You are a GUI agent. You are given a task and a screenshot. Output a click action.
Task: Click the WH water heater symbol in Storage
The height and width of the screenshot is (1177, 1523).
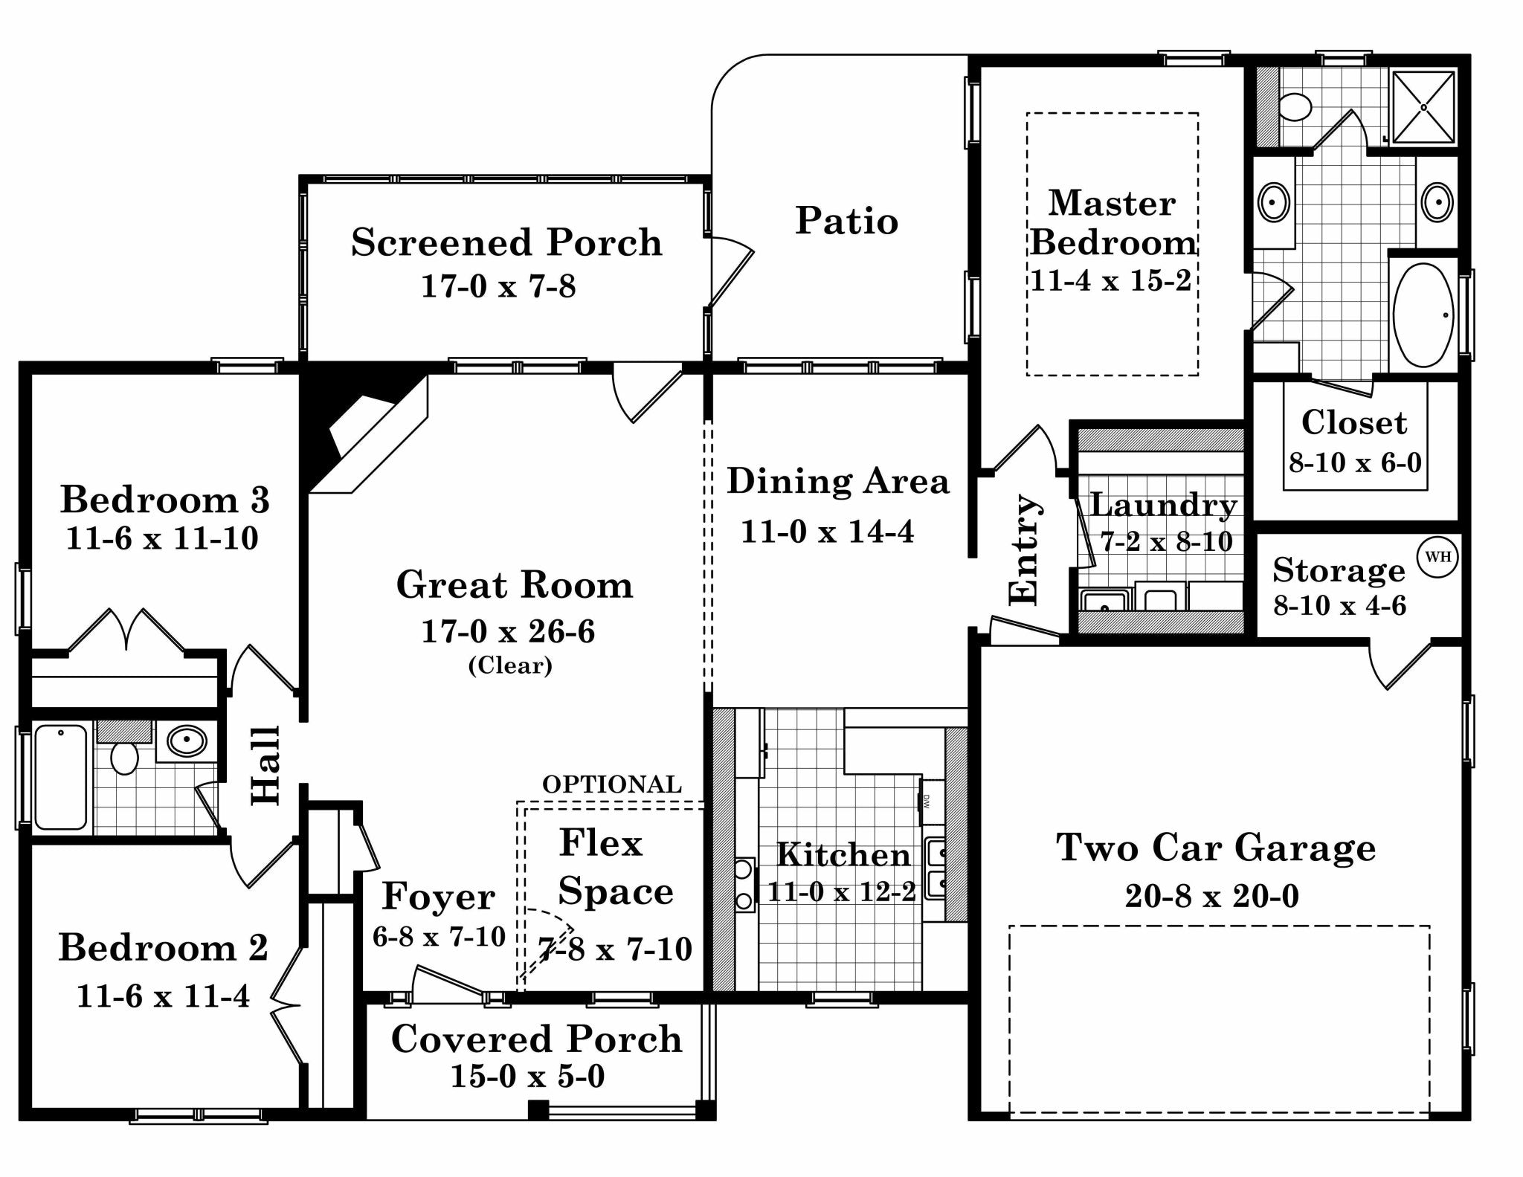pyautogui.click(x=1437, y=556)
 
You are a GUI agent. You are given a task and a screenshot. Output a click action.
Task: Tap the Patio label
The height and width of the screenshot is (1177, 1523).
pyautogui.click(x=846, y=221)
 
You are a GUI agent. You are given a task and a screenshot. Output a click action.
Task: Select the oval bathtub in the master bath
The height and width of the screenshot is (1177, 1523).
pyautogui.click(x=1423, y=315)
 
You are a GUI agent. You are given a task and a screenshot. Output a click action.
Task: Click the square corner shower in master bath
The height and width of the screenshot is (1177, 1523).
pyautogui.click(x=1423, y=107)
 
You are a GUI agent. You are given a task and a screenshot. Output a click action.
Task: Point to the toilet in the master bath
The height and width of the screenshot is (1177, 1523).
pyautogui.click(x=1295, y=107)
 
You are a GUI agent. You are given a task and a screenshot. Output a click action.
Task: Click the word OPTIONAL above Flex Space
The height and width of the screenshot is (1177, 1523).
pyautogui.click(x=611, y=784)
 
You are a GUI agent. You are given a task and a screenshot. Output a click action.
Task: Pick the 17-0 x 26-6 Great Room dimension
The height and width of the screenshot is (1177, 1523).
pyautogui.click(x=508, y=631)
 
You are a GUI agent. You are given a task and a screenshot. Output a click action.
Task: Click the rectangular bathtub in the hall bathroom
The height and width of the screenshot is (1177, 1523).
pyautogui.click(x=61, y=778)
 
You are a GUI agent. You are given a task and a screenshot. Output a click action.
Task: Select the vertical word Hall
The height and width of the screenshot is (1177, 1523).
pyautogui.click(x=266, y=765)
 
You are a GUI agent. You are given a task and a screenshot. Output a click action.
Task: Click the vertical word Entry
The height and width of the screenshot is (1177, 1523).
pyautogui.click(x=1024, y=549)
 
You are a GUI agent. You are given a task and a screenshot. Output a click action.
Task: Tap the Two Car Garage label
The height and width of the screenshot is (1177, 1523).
pyautogui.click(x=1215, y=848)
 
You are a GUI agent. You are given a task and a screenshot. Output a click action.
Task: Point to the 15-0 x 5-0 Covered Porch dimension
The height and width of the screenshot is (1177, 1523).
pyautogui.click(x=527, y=1076)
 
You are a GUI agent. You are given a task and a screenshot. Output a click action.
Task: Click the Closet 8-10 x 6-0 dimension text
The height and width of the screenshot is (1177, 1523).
pyautogui.click(x=1354, y=462)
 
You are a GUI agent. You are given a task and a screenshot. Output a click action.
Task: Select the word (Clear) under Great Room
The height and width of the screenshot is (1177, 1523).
pyautogui.click(x=510, y=665)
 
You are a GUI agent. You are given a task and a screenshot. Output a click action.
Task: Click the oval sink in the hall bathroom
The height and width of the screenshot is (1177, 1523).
pyautogui.click(x=186, y=741)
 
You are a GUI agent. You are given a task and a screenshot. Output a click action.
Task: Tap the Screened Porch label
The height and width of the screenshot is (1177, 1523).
pyautogui.click(x=506, y=242)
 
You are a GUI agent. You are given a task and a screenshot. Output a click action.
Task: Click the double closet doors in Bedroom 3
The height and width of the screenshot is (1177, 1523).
pyautogui.click(x=126, y=632)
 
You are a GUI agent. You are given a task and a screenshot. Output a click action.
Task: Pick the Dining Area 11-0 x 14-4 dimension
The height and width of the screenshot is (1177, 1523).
pyautogui.click(x=827, y=532)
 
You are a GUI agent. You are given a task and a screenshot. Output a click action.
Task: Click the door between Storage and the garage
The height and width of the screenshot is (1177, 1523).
pyautogui.click(x=1398, y=665)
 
